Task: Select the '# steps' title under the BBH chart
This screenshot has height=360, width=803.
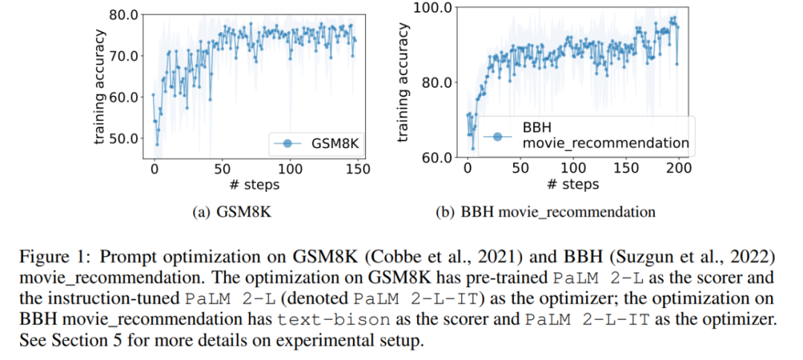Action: pos(573,184)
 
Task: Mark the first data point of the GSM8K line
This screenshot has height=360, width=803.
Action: pos(153,94)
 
